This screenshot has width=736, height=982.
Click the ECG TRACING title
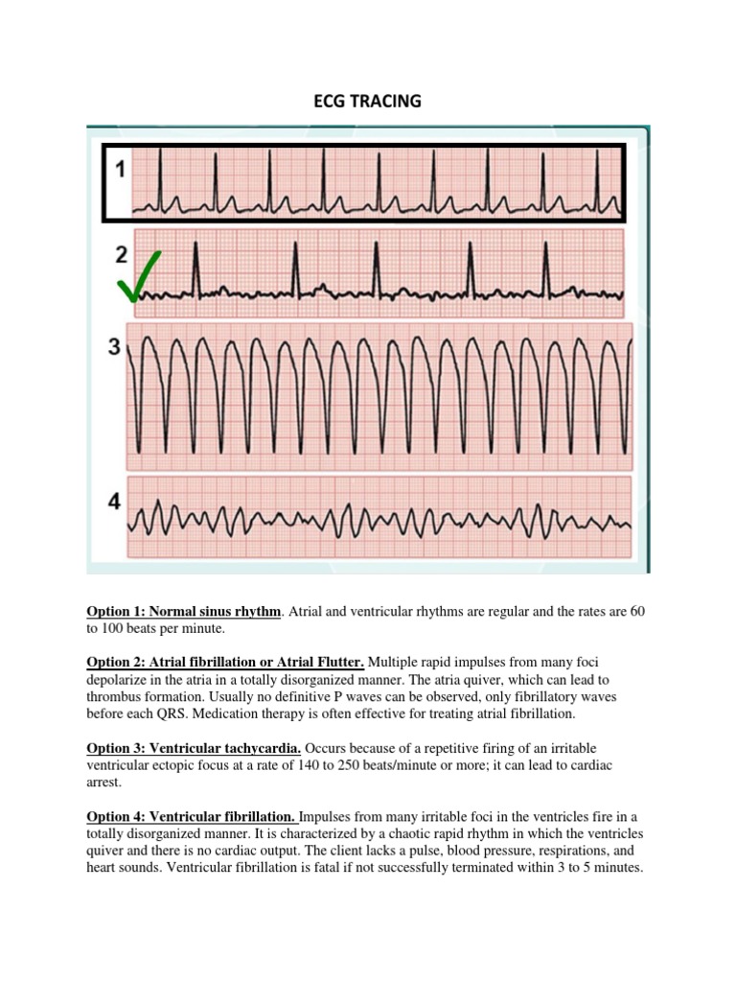point(368,100)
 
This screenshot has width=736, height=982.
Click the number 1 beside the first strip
point(121,170)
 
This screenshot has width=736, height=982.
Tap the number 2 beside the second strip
point(121,254)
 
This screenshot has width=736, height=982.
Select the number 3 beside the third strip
point(114,347)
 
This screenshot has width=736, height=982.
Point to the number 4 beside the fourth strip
point(114,503)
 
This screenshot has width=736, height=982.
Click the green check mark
point(138,279)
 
